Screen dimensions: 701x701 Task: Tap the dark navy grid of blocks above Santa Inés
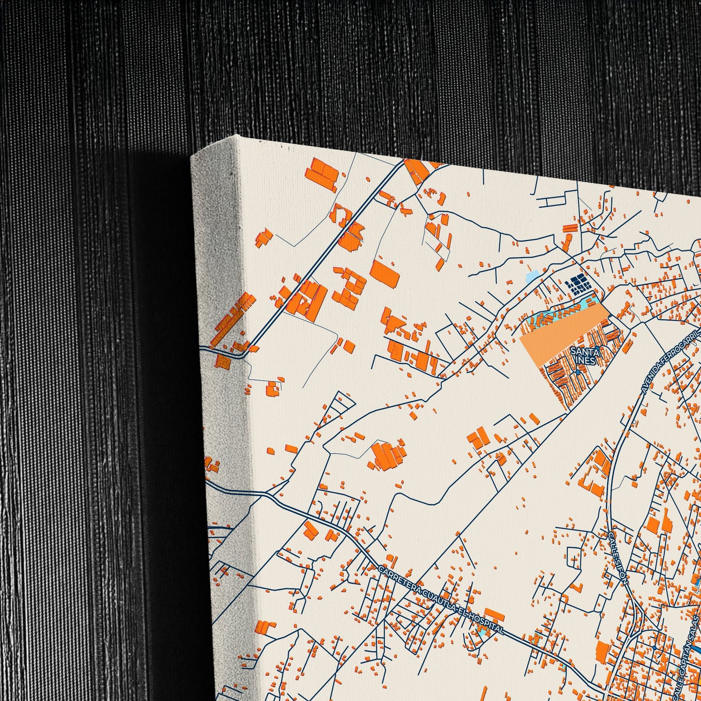[x=578, y=284]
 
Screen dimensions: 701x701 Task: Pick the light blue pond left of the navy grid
[x=533, y=277]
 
